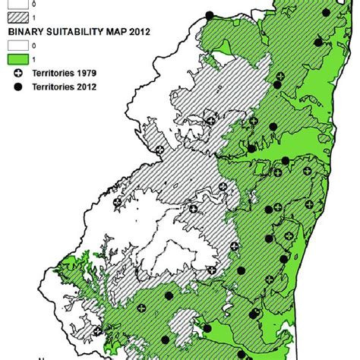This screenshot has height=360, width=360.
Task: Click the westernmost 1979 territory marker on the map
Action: [159, 150]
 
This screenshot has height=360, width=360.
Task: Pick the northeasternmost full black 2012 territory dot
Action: [327, 11]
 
